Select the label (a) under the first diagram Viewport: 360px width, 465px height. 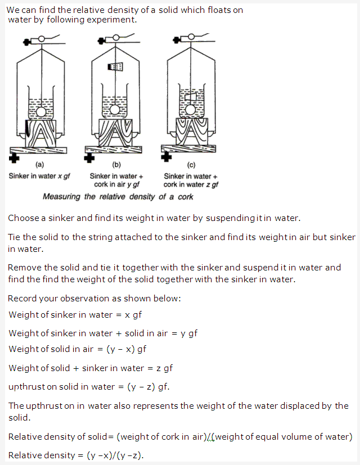(40, 165)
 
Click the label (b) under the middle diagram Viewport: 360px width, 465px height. (116, 165)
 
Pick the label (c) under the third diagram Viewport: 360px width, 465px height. (191, 165)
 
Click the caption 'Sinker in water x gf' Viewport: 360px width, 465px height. (39, 176)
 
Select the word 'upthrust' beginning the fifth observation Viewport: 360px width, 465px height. (26, 387)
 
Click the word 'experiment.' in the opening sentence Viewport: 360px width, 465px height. (115, 20)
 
